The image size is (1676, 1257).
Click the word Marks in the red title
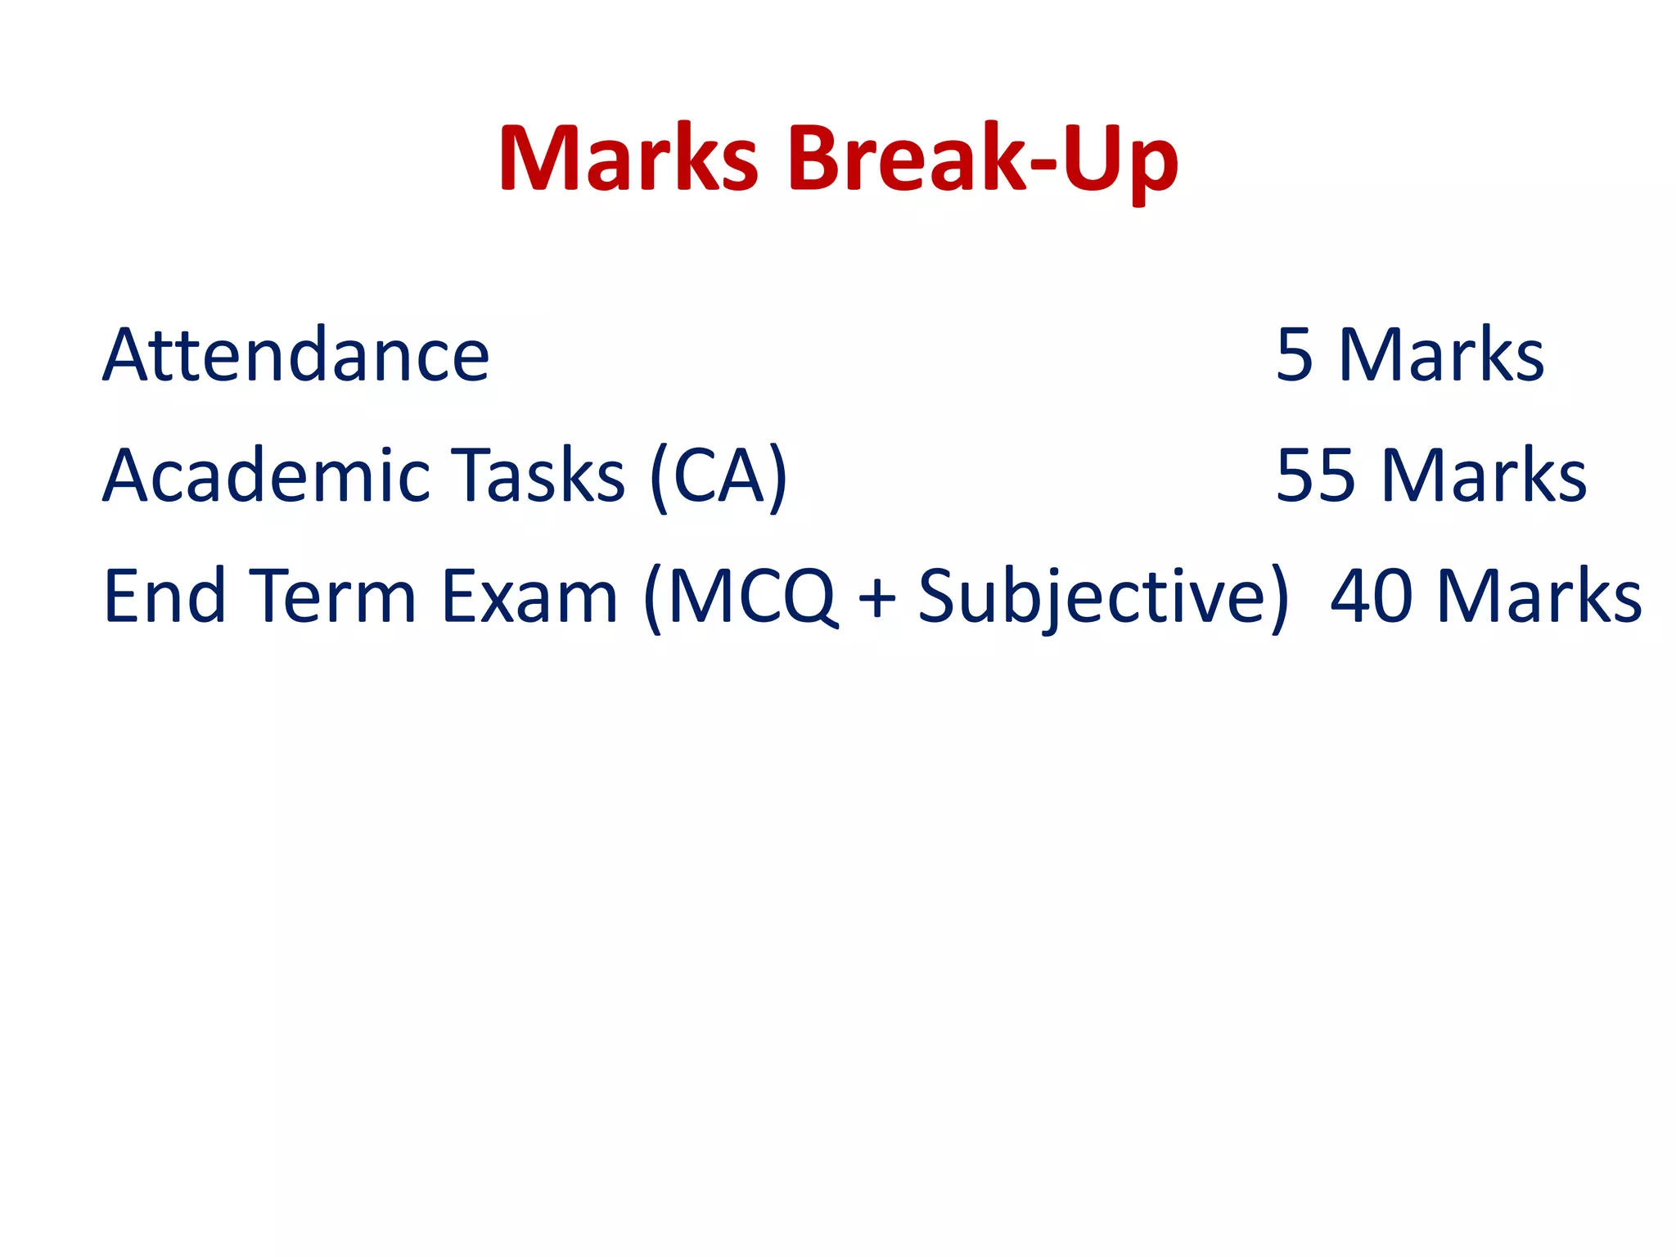point(628,159)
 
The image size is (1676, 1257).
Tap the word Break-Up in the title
point(983,159)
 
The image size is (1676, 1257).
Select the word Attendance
point(296,355)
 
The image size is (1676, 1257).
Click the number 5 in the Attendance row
point(1294,355)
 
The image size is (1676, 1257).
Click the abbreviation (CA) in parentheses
point(719,477)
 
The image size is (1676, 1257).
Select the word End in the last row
point(164,596)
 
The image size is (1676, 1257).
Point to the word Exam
point(529,596)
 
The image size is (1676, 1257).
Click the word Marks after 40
point(1539,596)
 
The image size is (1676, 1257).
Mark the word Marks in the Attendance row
point(1441,355)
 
